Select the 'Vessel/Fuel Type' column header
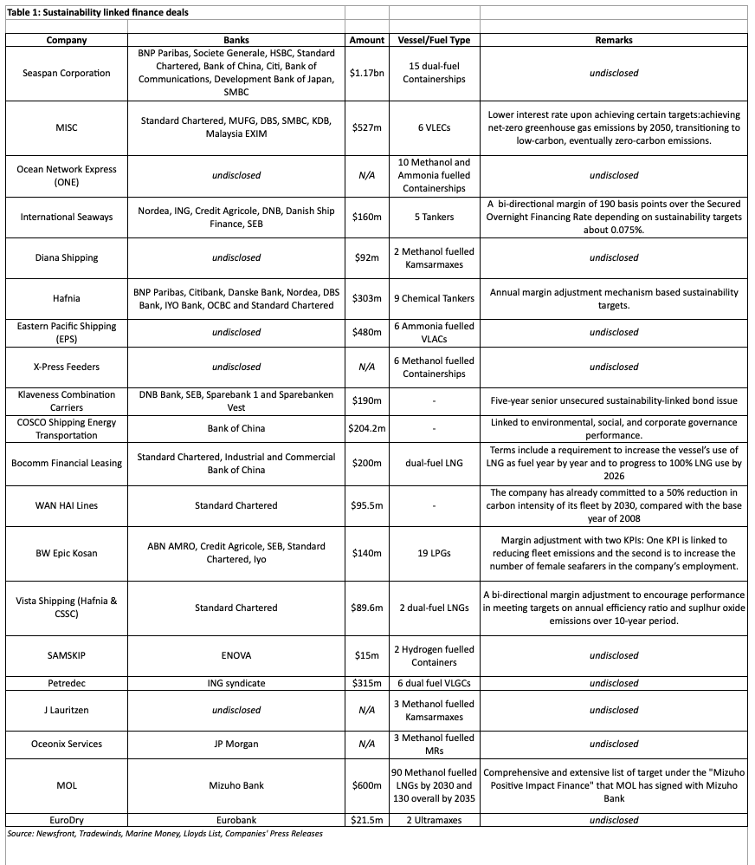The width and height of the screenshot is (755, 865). coord(434,40)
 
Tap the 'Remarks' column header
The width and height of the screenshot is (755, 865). coord(614,40)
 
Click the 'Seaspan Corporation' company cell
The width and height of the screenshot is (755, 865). coord(67,73)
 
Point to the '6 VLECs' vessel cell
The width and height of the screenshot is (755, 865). coord(434,127)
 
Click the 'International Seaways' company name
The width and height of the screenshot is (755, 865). coord(67,217)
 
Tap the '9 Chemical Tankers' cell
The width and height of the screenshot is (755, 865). coord(434,298)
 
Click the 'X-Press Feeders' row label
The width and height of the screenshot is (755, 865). coord(67,367)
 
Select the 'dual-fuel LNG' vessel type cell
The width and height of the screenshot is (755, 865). coord(434,463)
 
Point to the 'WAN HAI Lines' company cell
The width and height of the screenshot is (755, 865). coord(67,505)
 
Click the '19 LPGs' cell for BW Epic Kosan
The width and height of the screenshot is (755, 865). coord(434,553)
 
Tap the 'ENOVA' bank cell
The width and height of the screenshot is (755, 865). coord(236,655)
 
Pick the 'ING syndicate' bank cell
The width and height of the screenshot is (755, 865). coord(236,683)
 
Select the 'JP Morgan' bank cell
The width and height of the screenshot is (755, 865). coord(236,744)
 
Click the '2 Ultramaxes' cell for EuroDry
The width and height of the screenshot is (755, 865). coord(434,820)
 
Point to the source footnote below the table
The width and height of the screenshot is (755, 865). coord(165,834)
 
